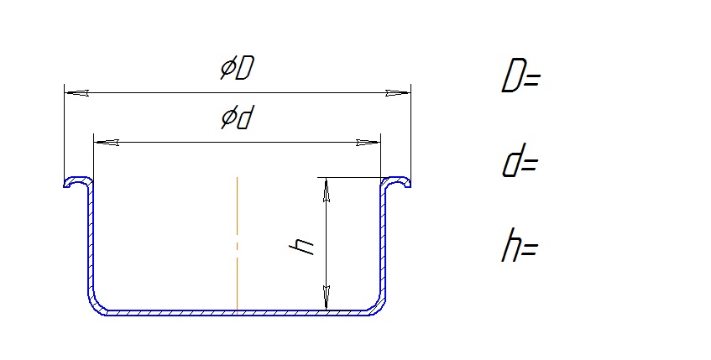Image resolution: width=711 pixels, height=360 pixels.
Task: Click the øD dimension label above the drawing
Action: pyautogui.click(x=238, y=69)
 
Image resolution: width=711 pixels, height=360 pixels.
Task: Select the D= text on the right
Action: pyautogui.click(x=521, y=76)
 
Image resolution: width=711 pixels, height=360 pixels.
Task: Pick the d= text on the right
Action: pyautogui.click(x=520, y=160)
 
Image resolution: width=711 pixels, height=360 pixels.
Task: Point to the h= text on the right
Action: pyautogui.click(x=520, y=245)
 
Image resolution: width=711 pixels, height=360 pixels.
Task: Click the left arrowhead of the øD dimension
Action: pyautogui.click(x=76, y=93)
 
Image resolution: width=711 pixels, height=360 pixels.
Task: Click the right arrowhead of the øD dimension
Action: pyautogui.click(x=398, y=93)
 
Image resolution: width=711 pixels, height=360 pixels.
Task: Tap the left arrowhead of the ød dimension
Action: pyautogui.click(x=107, y=143)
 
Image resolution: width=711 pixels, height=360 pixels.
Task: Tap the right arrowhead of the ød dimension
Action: pyautogui.click(x=369, y=143)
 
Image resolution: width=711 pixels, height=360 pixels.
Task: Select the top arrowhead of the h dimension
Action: pyautogui.click(x=327, y=190)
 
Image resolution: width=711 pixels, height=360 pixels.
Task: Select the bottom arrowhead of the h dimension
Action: pyautogui.click(x=327, y=298)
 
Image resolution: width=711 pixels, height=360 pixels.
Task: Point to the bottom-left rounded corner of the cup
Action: pyautogui.click(x=94, y=305)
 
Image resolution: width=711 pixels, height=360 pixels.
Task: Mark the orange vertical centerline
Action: pyautogui.click(x=237, y=245)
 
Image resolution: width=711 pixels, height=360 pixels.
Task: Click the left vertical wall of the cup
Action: pyautogui.click(x=90, y=240)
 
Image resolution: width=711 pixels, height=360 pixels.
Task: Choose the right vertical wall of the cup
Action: pyautogui.click(x=384, y=240)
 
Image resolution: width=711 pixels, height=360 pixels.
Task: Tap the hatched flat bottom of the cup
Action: pyautogui.click(x=237, y=313)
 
